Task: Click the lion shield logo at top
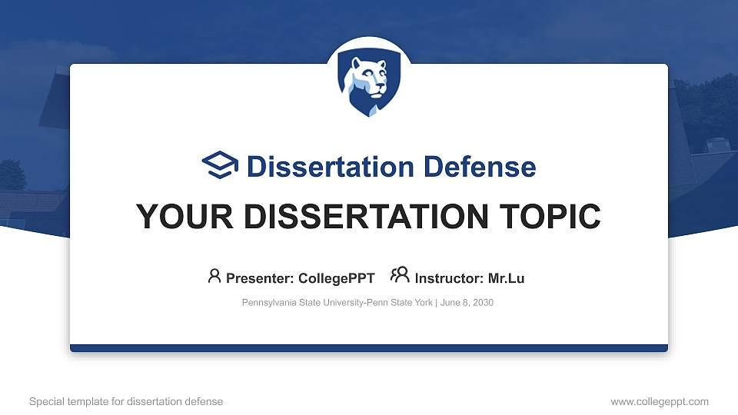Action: (369, 84)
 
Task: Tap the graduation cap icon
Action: (221, 166)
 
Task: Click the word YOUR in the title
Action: (177, 217)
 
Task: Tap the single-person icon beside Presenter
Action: (214, 276)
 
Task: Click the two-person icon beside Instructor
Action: (400, 275)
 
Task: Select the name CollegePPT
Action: (337, 278)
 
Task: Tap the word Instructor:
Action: (449, 278)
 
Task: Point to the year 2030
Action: (483, 303)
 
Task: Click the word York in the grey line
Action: (421, 303)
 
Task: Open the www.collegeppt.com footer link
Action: (660, 401)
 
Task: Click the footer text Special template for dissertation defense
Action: (126, 401)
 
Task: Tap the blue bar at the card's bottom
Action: (369, 348)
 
